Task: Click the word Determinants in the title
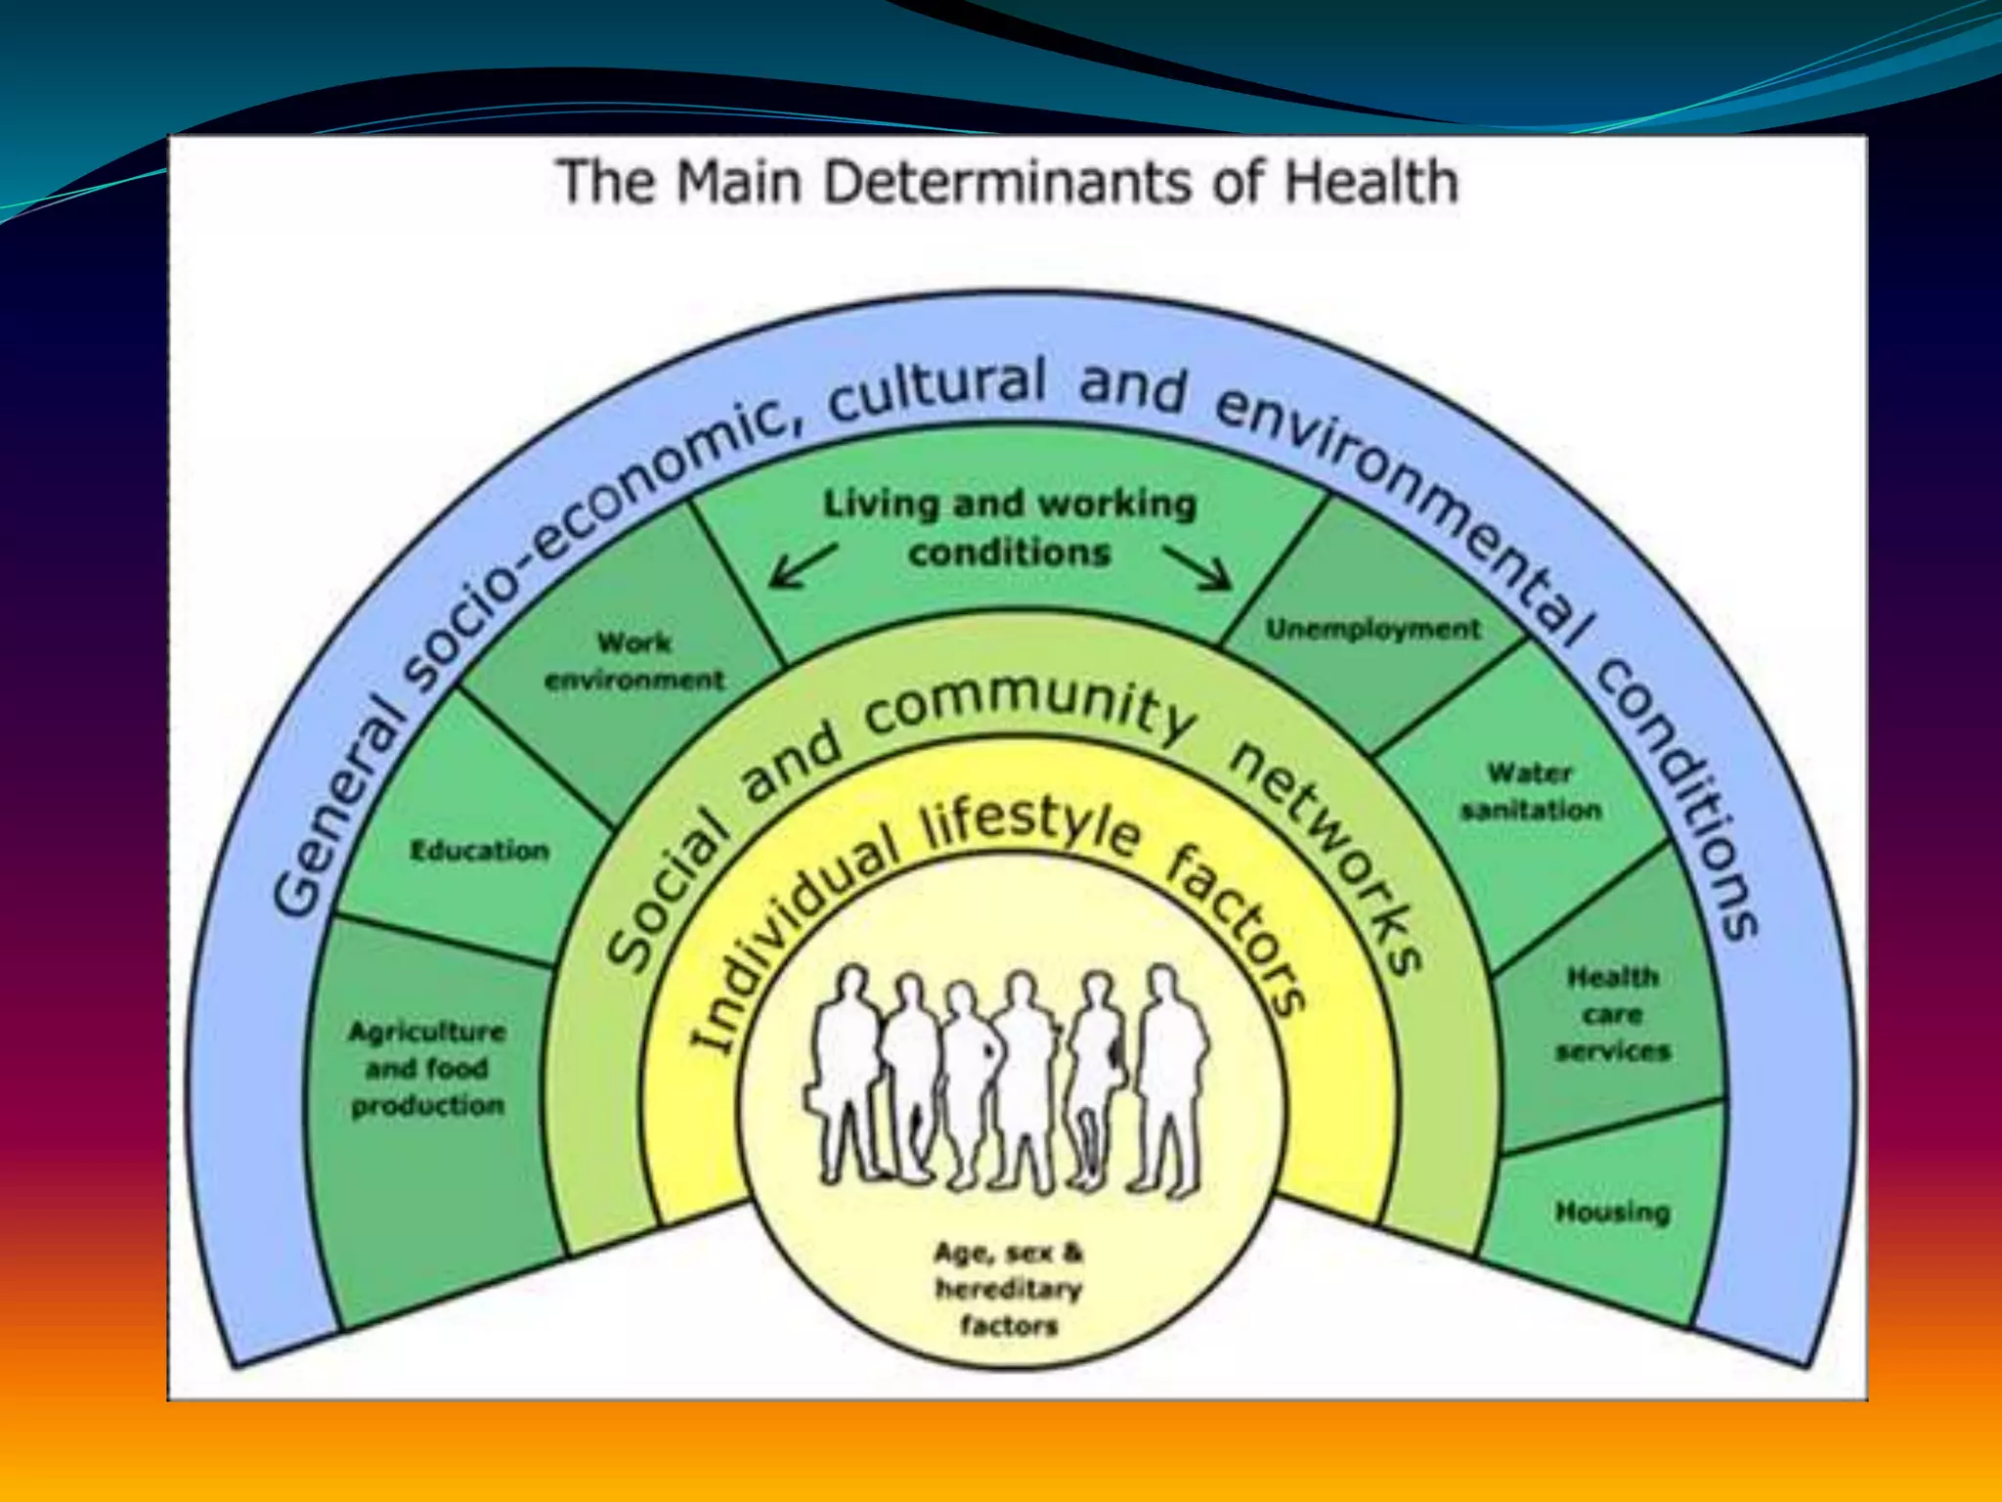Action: point(1007,183)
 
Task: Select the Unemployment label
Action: point(1373,629)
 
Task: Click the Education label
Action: point(479,851)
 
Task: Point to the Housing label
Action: point(1612,1213)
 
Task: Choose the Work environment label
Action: point(634,661)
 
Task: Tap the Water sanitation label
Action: point(1531,791)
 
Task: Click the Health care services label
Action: point(1613,1014)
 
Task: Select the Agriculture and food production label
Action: point(427,1069)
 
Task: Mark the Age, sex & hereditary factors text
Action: point(1009,1289)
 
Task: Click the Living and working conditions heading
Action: point(1010,528)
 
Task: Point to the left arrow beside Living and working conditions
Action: point(803,566)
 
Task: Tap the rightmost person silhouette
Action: point(1170,1076)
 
